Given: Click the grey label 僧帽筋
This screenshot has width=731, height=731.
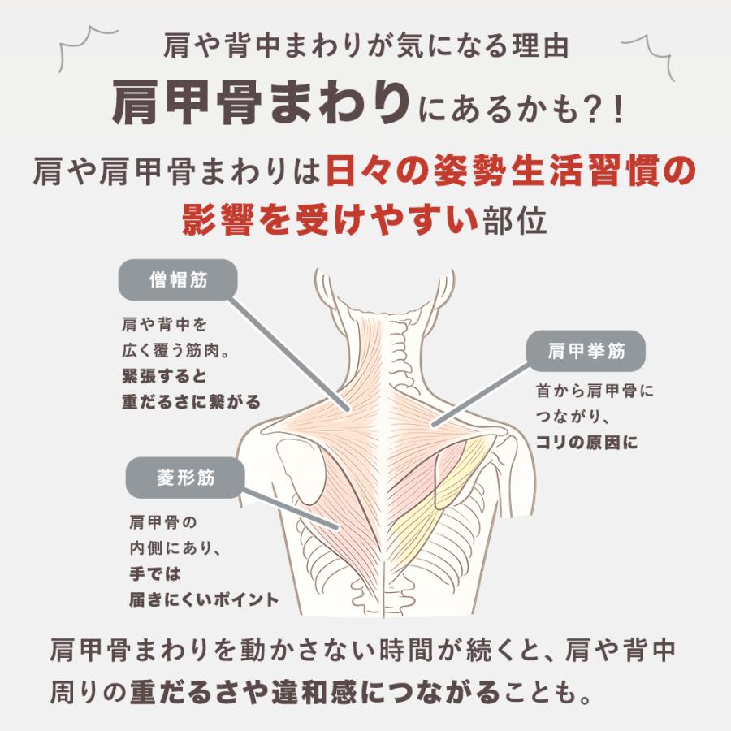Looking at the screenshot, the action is point(178,279).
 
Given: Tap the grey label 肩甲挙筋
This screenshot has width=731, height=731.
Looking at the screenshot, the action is point(586,351).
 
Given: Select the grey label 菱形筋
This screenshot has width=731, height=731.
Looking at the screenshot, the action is point(185,478).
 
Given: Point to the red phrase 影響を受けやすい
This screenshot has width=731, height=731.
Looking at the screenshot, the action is point(330,219).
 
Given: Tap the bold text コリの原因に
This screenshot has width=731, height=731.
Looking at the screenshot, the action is point(586,442).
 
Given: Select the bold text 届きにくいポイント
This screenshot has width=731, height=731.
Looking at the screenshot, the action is point(204,599).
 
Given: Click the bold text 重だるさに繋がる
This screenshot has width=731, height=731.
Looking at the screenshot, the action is point(191,401).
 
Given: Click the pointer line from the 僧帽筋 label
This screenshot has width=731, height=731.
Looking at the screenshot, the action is point(288,355).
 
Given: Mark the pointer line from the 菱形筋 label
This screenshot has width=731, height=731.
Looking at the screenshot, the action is point(290,508).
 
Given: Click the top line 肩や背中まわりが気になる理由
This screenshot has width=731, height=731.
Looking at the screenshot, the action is point(365,45).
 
